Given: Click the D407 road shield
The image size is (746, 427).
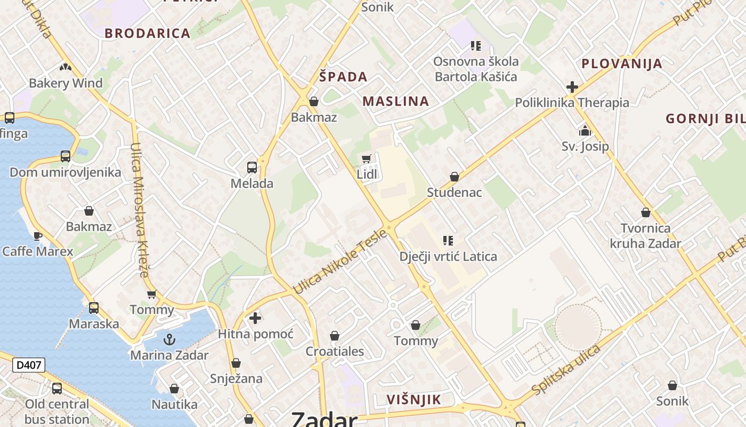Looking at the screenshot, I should (29, 365).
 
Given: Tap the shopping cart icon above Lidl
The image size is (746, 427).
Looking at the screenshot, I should (366, 159).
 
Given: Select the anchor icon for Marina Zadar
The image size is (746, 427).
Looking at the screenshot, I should (169, 339).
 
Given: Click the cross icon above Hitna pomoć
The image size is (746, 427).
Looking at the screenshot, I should (255, 318).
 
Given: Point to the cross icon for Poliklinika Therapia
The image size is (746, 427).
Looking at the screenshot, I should (572, 86).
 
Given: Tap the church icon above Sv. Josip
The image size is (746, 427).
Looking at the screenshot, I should (585, 130).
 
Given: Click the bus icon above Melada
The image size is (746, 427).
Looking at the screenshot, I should (252, 168).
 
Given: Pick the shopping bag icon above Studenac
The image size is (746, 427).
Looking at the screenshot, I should (455, 177).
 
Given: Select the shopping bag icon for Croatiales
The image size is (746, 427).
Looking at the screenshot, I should (335, 336).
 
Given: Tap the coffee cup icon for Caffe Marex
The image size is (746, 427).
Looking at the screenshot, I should (37, 235).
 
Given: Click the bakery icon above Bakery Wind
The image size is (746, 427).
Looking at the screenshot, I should (66, 67).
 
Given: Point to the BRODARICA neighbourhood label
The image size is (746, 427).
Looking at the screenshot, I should (147, 33).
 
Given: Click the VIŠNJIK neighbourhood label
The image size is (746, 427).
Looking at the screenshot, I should (413, 399).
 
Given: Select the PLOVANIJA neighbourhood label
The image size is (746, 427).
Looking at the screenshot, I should (622, 64).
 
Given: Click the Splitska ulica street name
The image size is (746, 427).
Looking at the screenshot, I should (566, 370).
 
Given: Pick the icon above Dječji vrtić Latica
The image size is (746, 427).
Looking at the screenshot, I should (448, 241).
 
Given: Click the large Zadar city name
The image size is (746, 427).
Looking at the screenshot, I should (324, 419).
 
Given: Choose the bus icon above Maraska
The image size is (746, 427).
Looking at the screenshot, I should (94, 308).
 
